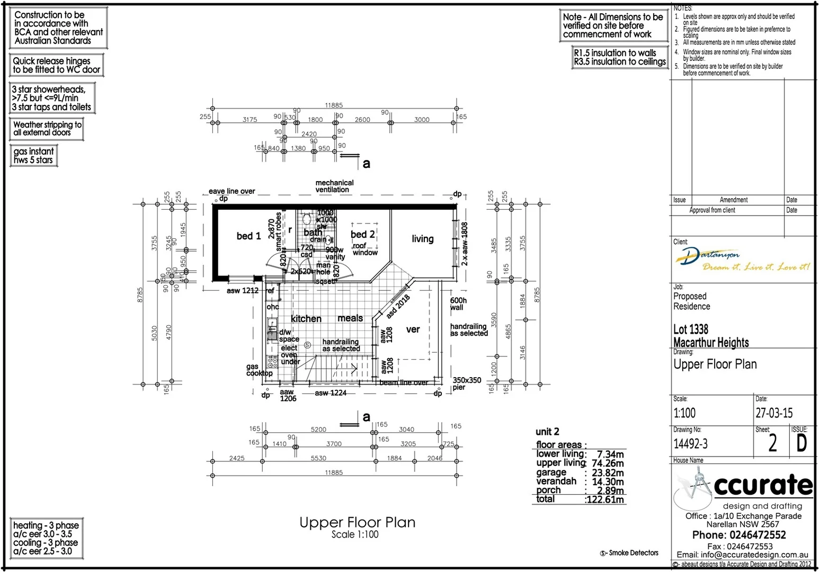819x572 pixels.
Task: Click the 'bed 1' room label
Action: point(248,236)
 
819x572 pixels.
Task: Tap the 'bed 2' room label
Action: point(362,235)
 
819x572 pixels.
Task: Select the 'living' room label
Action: point(422,239)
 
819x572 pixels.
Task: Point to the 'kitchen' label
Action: point(306,319)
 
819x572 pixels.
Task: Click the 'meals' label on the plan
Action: point(350,318)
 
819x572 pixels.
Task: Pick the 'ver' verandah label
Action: point(413,329)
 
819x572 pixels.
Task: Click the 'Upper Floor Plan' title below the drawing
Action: point(357,523)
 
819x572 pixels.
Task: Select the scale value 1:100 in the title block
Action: point(684,413)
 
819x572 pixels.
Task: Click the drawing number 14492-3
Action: point(690,444)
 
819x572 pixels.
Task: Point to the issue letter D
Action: point(802,443)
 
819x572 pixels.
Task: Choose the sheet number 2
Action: point(772,444)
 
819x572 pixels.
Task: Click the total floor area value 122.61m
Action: point(604,499)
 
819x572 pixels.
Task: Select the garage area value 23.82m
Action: point(608,473)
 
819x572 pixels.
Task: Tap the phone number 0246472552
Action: point(758,535)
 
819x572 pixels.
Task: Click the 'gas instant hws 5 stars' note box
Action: point(33,156)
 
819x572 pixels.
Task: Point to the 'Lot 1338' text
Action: point(690,329)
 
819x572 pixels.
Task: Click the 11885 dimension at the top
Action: point(334,105)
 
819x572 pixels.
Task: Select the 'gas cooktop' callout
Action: point(259,370)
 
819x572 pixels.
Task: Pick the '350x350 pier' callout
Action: point(466,383)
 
